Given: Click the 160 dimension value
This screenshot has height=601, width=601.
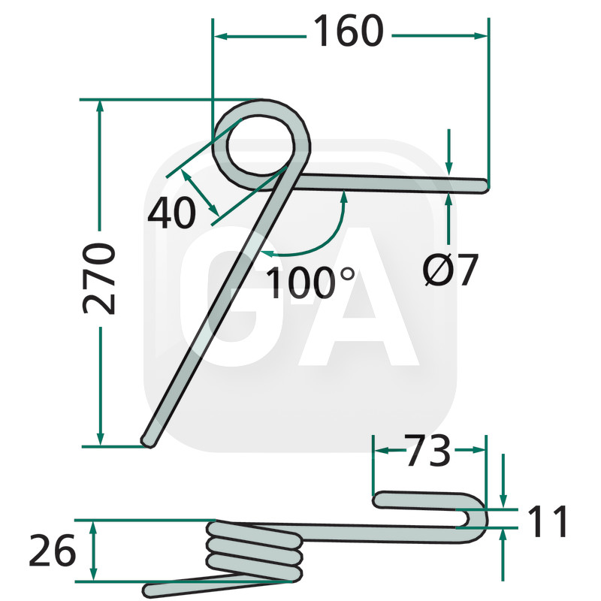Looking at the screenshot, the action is pyautogui.click(x=349, y=32).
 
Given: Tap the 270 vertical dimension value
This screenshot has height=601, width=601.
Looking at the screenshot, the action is pyautogui.click(x=99, y=279).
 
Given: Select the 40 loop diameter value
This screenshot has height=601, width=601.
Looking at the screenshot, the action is pyautogui.click(x=172, y=213).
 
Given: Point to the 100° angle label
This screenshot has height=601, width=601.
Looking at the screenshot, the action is pyautogui.click(x=310, y=283).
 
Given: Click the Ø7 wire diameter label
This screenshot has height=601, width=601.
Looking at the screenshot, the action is pyautogui.click(x=450, y=270).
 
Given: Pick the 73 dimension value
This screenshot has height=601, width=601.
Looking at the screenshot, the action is pyautogui.click(x=427, y=450).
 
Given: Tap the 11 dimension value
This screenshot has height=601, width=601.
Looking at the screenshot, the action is pyautogui.click(x=548, y=521).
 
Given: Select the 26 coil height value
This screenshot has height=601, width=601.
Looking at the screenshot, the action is pyautogui.click(x=53, y=551).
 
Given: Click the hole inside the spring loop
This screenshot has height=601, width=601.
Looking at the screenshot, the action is pyautogui.click(x=261, y=146).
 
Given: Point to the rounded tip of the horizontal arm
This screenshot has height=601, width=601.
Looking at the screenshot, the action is pyautogui.click(x=485, y=186).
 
